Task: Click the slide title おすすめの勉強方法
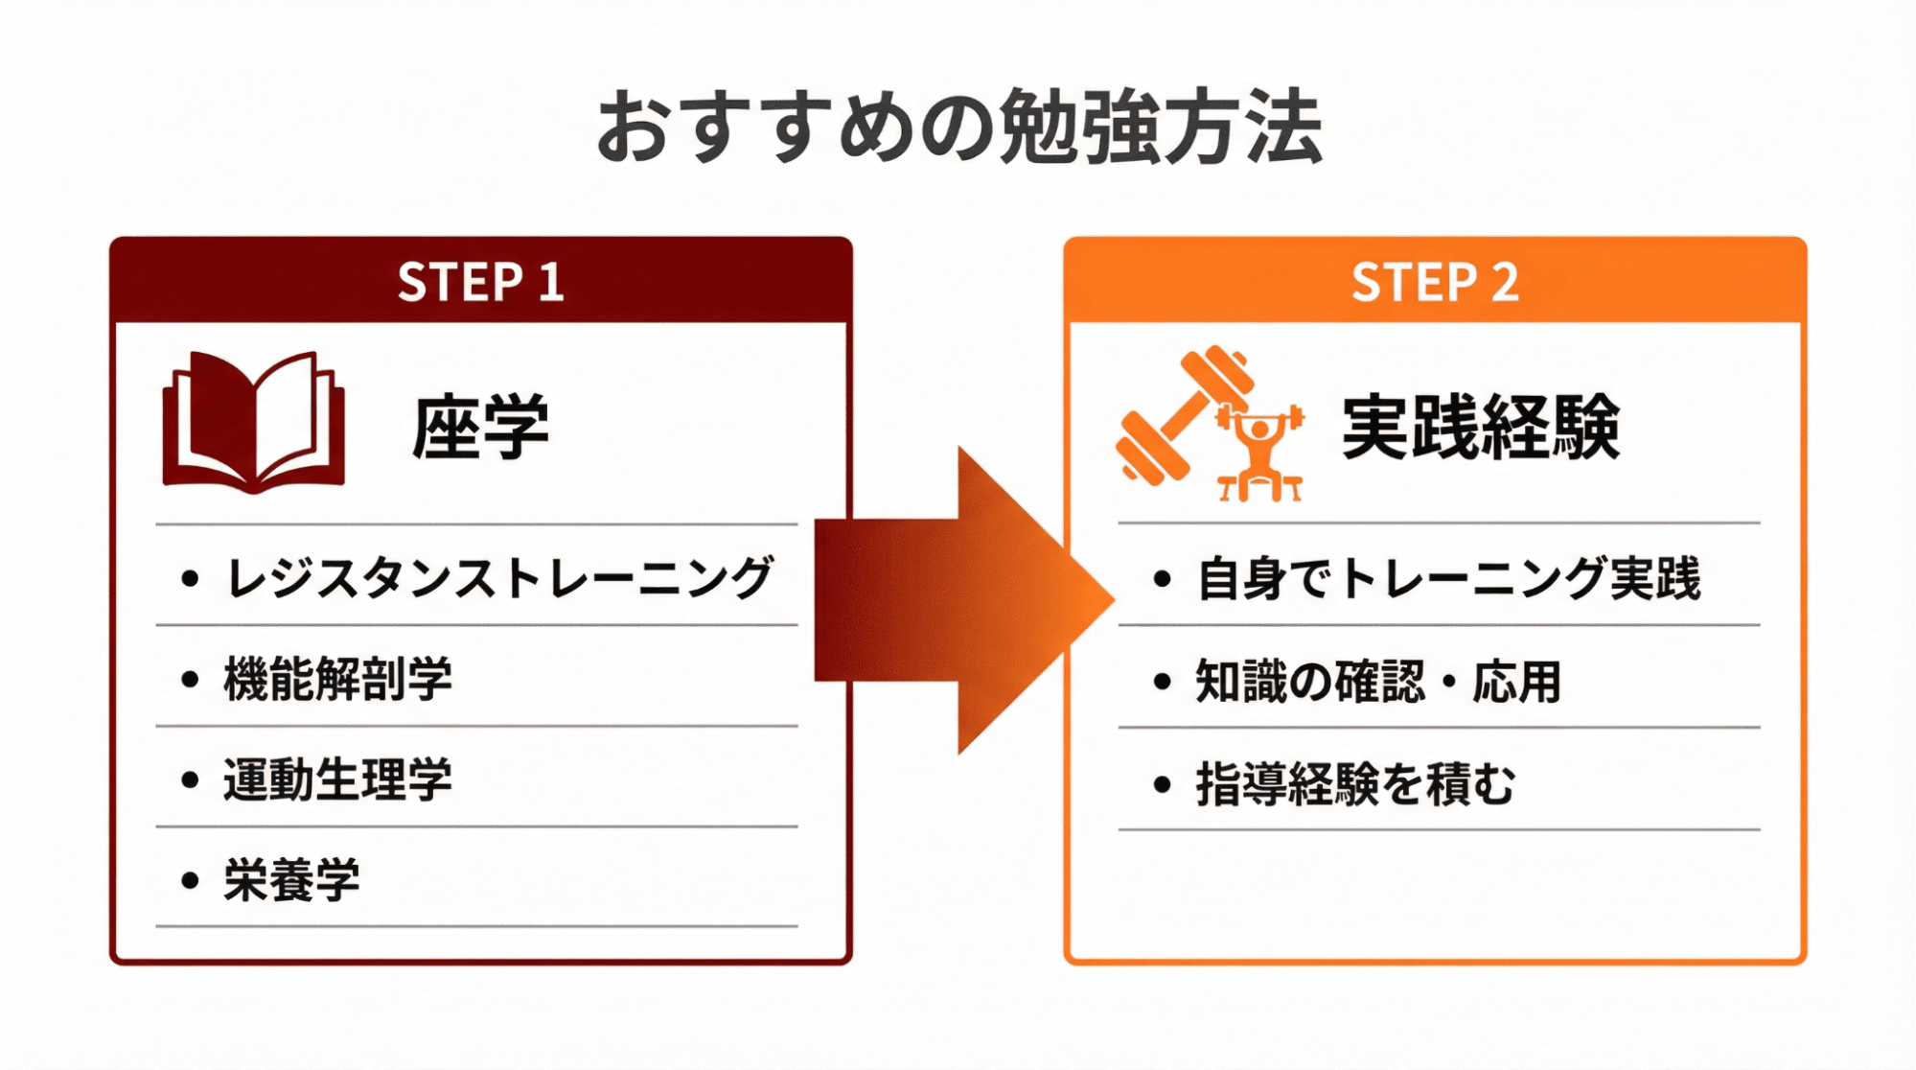point(958,128)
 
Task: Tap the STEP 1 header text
point(480,282)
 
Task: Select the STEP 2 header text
point(1435,282)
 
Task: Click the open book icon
point(254,422)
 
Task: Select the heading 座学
point(480,427)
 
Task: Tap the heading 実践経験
point(1481,427)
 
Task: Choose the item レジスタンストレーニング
point(498,578)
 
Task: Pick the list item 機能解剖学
point(337,679)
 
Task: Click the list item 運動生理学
point(337,779)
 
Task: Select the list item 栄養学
point(291,880)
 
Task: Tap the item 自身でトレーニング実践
point(1448,578)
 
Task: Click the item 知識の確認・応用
point(1378,682)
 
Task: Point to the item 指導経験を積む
point(1355,784)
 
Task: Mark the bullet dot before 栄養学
point(190,880)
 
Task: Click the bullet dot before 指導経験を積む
point(1163,784)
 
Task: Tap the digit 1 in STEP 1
point(550,282)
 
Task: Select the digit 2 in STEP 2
point(1505,282)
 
